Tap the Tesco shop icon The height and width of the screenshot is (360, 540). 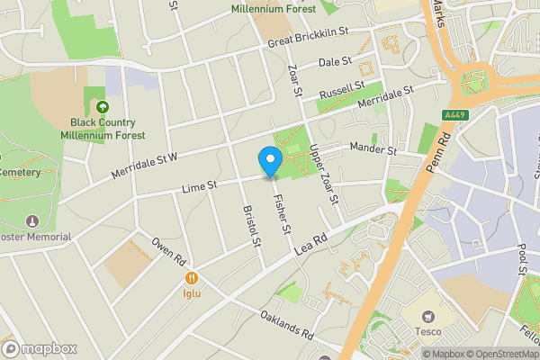click(x=428, y=317)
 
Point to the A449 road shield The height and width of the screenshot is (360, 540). click(x=456, y=114)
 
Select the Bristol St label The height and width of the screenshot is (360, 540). click(x=251, y=225)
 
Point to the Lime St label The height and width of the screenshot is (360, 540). click(x=200, y=186)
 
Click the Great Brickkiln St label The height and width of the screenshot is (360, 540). click(x=307, y=42)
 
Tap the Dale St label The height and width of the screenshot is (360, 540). click(x=335, y=63)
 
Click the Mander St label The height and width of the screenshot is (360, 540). click(x=373, y=148)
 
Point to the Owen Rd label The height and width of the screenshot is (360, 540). click(x=168, y=251)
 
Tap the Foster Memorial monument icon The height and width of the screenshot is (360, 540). click(x=33, y=220)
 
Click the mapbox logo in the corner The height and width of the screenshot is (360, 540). click(x=40, y=347)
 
